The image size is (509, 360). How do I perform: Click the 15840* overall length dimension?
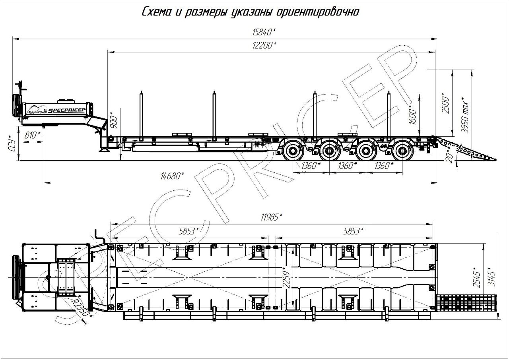point(264,32)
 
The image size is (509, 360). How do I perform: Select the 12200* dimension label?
point(264,45)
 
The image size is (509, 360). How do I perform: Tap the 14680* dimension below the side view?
point(172,176)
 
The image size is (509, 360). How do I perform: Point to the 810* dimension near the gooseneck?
point(32,135)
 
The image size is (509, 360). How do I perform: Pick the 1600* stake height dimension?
point(412,114)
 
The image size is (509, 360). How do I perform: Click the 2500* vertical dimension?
point(446,103)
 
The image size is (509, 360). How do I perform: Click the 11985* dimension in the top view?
point(271,217)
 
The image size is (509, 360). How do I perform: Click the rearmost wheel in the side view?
point(403,151)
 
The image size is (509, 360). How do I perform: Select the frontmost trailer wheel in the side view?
point(293,151)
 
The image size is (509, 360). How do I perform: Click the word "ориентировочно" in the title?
point(318,12)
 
